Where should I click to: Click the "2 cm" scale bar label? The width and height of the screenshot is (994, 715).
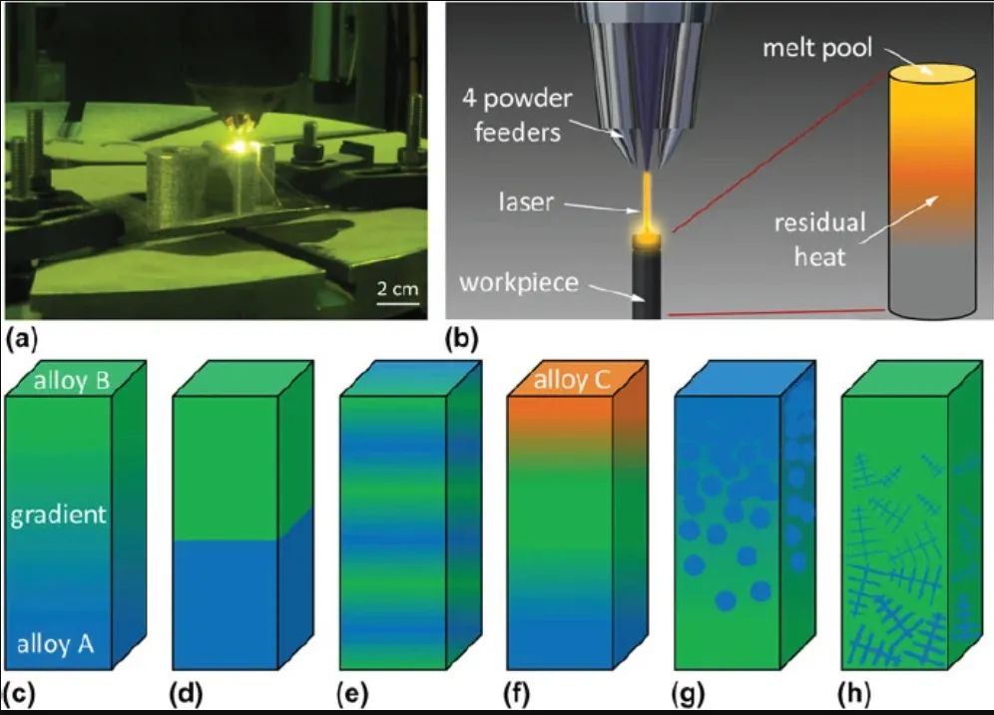pyautogui.click(x=397, y=289)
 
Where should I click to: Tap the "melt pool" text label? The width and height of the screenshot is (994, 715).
pyautogui.click(x=817, y=48)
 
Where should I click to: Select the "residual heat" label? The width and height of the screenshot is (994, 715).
pyautogui.click(x=819, y=239)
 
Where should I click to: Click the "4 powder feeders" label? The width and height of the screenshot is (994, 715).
pyautogui.click(x=517, y=116)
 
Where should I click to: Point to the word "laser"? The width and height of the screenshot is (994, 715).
pyautogui.click(x=526, y=202)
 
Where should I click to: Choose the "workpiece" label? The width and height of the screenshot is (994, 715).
pyautogui.click(x=519, y=282)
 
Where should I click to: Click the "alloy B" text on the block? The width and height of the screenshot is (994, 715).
pyautogui.click(x=72, y=380)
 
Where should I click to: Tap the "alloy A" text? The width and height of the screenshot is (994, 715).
pyautogui.click(x=55, y=644)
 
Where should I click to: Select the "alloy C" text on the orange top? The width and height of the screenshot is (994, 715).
pyautogui.click(x=572, y=380)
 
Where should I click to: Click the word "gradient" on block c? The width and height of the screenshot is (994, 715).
pyautogui.click(x=58, y=515)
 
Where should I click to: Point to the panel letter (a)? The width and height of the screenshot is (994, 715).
pyautogui.click(x=21, y=339)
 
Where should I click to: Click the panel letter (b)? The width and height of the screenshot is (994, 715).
pyautogui.click(x=461, y=339)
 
